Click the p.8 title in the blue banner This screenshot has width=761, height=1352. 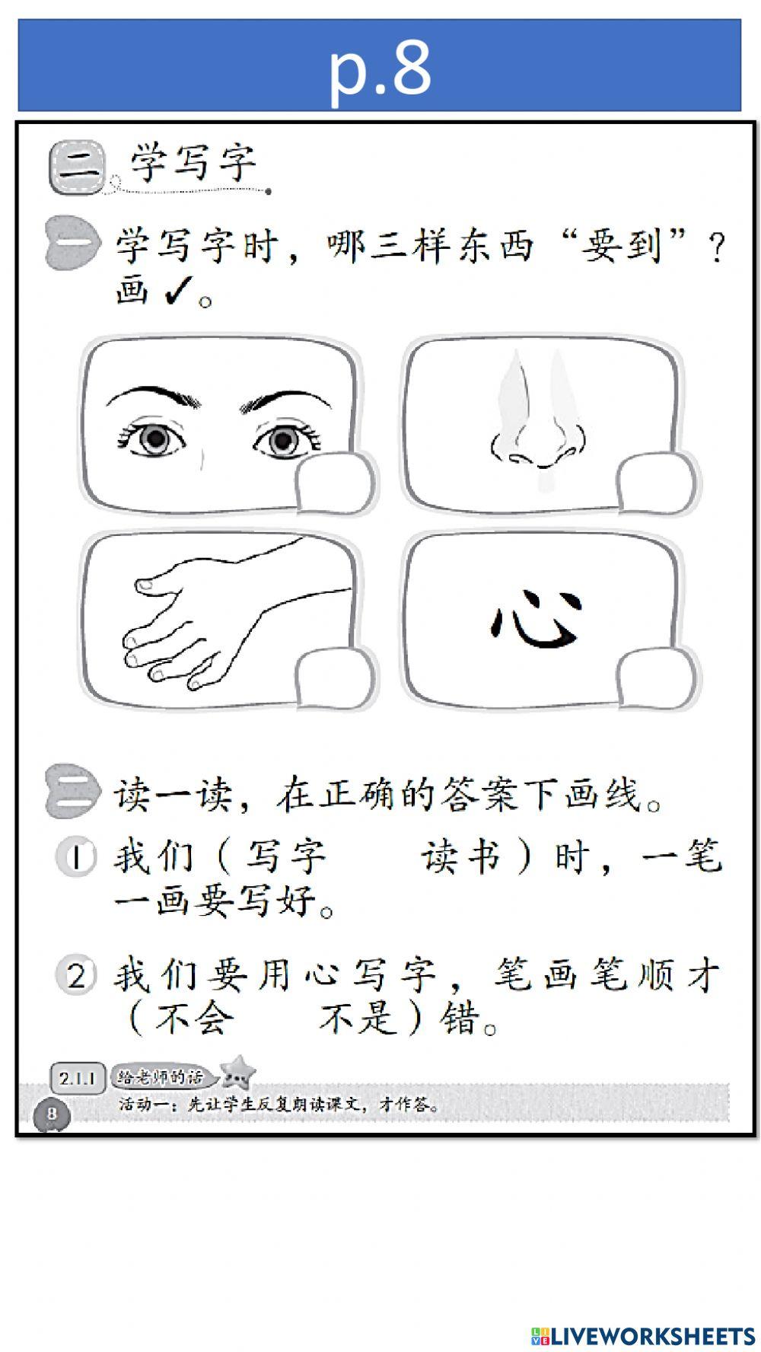click(x=380, y=67)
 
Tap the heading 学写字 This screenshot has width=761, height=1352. click(x=193, y=162)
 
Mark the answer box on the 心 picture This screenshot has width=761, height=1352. click(x=655, y=677)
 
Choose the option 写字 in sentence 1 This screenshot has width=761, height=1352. click(x=286, y=857)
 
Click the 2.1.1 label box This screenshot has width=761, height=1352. click(x=78, y=1078)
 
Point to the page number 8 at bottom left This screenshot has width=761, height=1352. click(x=52, y=1114)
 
